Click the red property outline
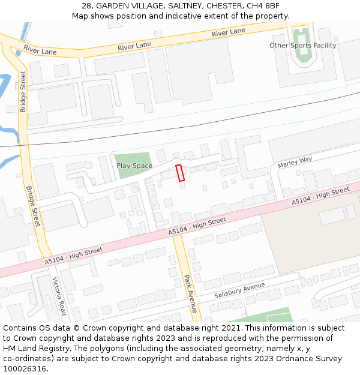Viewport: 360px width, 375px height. point(179,172)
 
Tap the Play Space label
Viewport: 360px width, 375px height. point(134,166)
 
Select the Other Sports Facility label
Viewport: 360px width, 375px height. point(302,46)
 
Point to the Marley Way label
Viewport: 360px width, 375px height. point(295,163)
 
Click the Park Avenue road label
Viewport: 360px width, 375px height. point(190,293)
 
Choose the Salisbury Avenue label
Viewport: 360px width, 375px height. point(239,291)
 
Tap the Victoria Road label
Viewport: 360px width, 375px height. point(59,296)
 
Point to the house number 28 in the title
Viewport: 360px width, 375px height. point(87,5)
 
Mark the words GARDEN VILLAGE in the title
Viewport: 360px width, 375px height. point(130,5)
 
